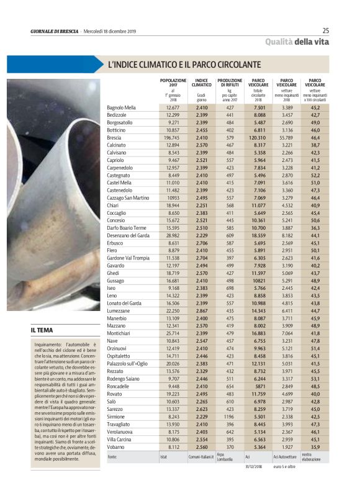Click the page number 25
point(326,30)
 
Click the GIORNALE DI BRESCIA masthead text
point(54,32)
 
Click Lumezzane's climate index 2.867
point(201,310)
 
